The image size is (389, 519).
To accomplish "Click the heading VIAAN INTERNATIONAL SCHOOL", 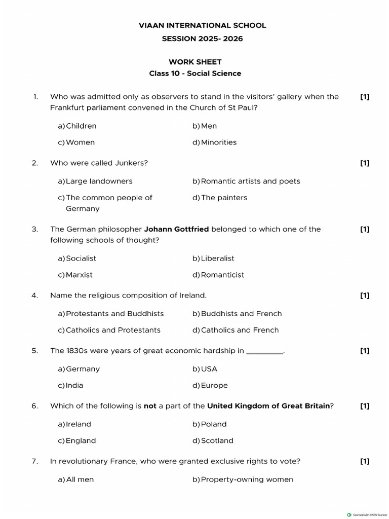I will pyautogui.click(x=202, y=25).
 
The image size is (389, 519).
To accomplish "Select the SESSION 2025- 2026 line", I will pyautogui.click(x=202, y=39).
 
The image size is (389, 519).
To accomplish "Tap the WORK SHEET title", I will pyautogui.click(x=195, y=62).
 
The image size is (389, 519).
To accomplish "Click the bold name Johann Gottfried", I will pyautogui.click(x=176, y=229).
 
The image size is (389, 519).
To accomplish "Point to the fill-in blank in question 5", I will pyautogui.click(x=264, y=351).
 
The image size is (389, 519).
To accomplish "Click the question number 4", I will pyautogui.click(x=35, y=295).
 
